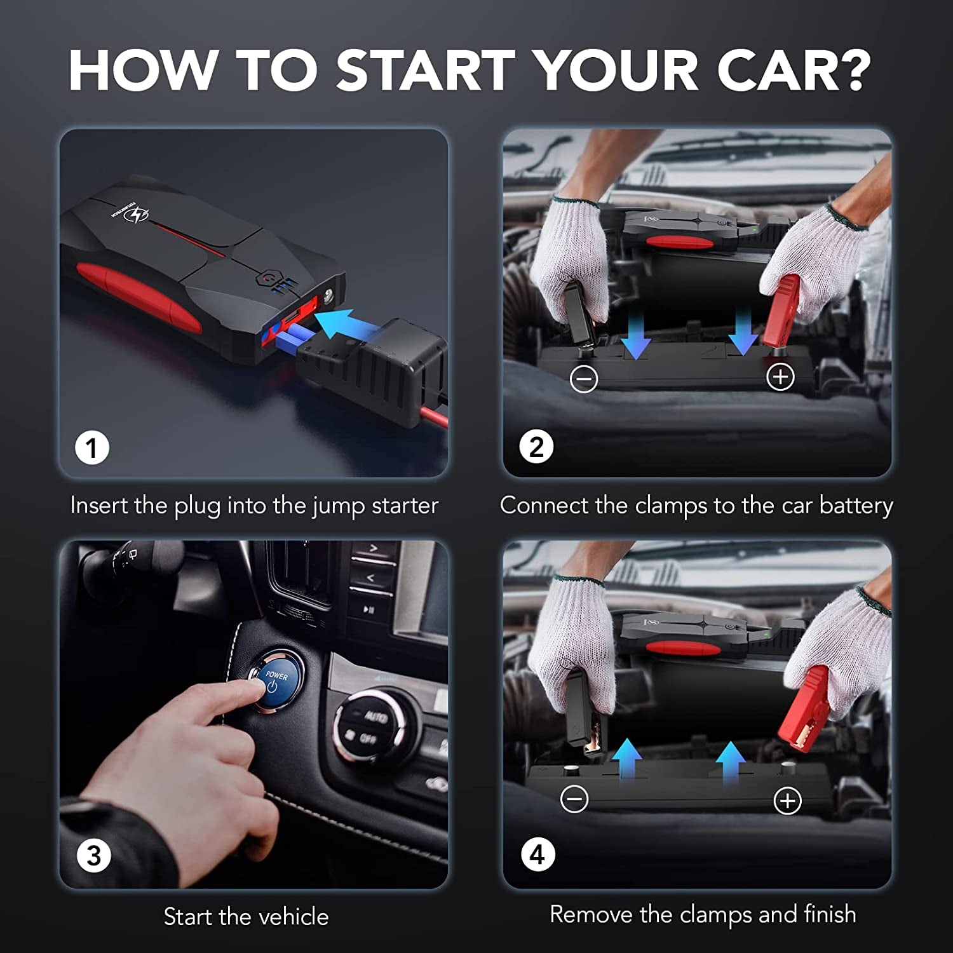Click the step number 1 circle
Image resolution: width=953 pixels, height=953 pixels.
click(x=92, y=448)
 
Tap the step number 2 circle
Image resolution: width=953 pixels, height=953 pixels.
click(x=536, y=447)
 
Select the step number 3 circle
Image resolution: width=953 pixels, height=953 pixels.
click(x=93, y=856)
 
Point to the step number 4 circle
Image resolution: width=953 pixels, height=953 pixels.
click(x=537, y=855)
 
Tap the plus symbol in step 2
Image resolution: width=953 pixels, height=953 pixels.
click(x=780, y=377)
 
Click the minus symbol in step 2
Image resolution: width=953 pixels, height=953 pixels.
click(x=584, y=379)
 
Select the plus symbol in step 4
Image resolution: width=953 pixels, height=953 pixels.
click(x=787, y=801)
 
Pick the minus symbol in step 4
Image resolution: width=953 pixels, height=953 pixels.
click(x=574, y=799)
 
